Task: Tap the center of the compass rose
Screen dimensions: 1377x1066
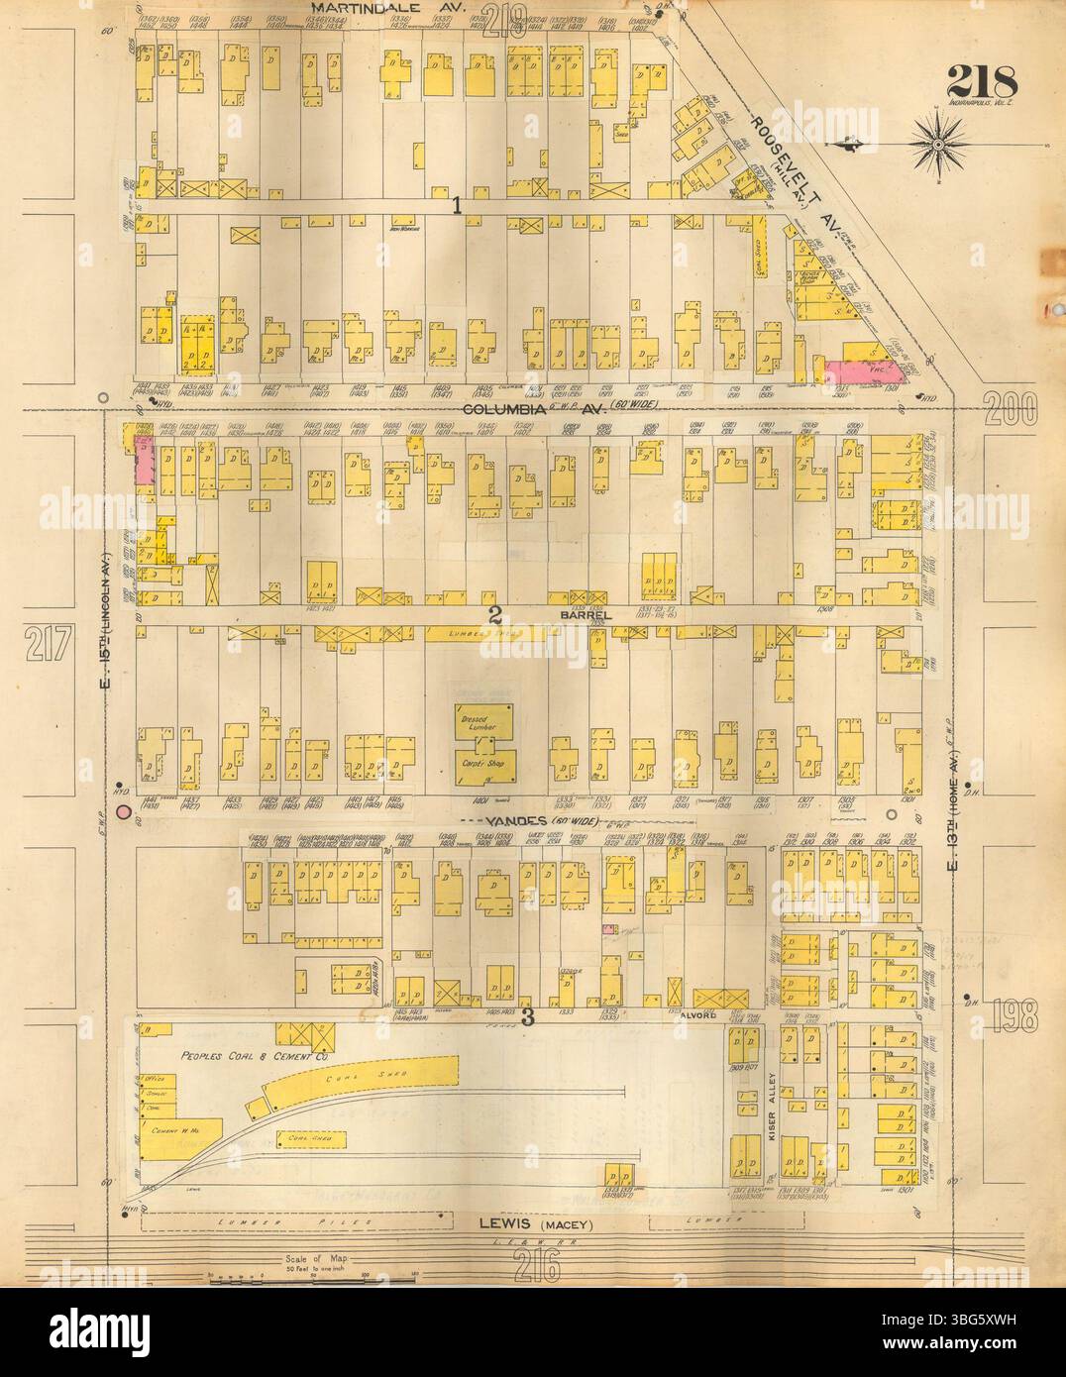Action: [x=937, y=145]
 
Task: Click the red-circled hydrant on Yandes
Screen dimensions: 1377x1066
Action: [x=124, y=813]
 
